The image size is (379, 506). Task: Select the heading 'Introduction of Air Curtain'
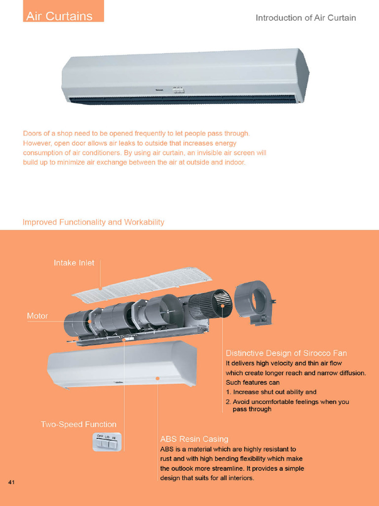[305, 18]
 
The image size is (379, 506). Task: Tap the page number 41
[11, 482]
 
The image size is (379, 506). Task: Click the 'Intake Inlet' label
[74, 263]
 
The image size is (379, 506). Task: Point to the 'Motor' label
[38, 316]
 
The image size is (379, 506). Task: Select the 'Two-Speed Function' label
[78, 424]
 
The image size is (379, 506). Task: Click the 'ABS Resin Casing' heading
[194, 439]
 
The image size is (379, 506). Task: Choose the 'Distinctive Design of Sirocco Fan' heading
[286, 353]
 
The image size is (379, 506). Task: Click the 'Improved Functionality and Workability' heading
[93, 222]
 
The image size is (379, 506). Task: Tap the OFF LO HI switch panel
[107, 442]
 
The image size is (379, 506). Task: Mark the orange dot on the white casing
[157, 379]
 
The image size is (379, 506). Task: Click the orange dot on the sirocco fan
[223, 306]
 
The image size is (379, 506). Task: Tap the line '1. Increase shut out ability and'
[271, 392]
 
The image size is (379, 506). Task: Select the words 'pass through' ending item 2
[252, 409]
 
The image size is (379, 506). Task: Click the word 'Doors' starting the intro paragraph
[33, 134]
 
